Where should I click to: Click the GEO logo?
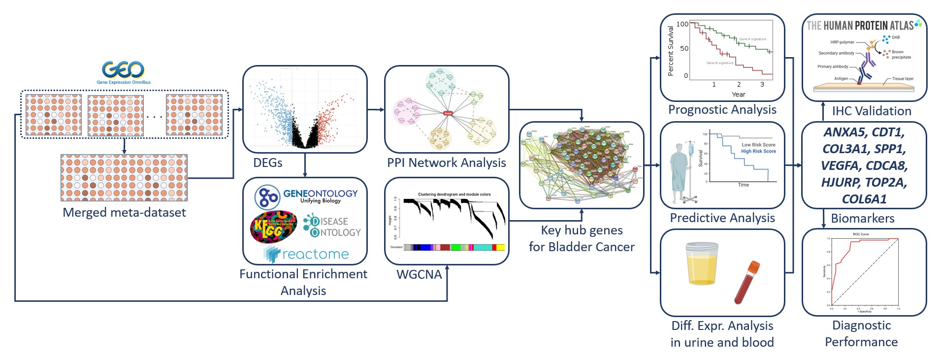pos(123,71)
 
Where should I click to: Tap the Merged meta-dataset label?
pos(124,212)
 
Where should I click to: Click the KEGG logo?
pos(273,227)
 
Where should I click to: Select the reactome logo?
pos(306,254)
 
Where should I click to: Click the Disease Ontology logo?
pos(332,227)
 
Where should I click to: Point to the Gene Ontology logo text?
pos(320,194)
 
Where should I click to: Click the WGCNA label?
pos(419,275)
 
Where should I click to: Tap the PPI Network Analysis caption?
pos(446,163)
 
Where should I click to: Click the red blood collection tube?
pos(747,282)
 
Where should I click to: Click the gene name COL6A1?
pos(864,199)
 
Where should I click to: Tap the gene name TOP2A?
pos(885,183)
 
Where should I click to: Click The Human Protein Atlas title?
pos(860,26)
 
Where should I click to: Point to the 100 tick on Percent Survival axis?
pos(682,24)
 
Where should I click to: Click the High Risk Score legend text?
pos(758,151)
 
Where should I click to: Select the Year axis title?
pos(738,95)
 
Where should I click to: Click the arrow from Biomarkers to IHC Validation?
pos(823,111)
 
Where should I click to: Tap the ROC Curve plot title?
pos(861,234)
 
